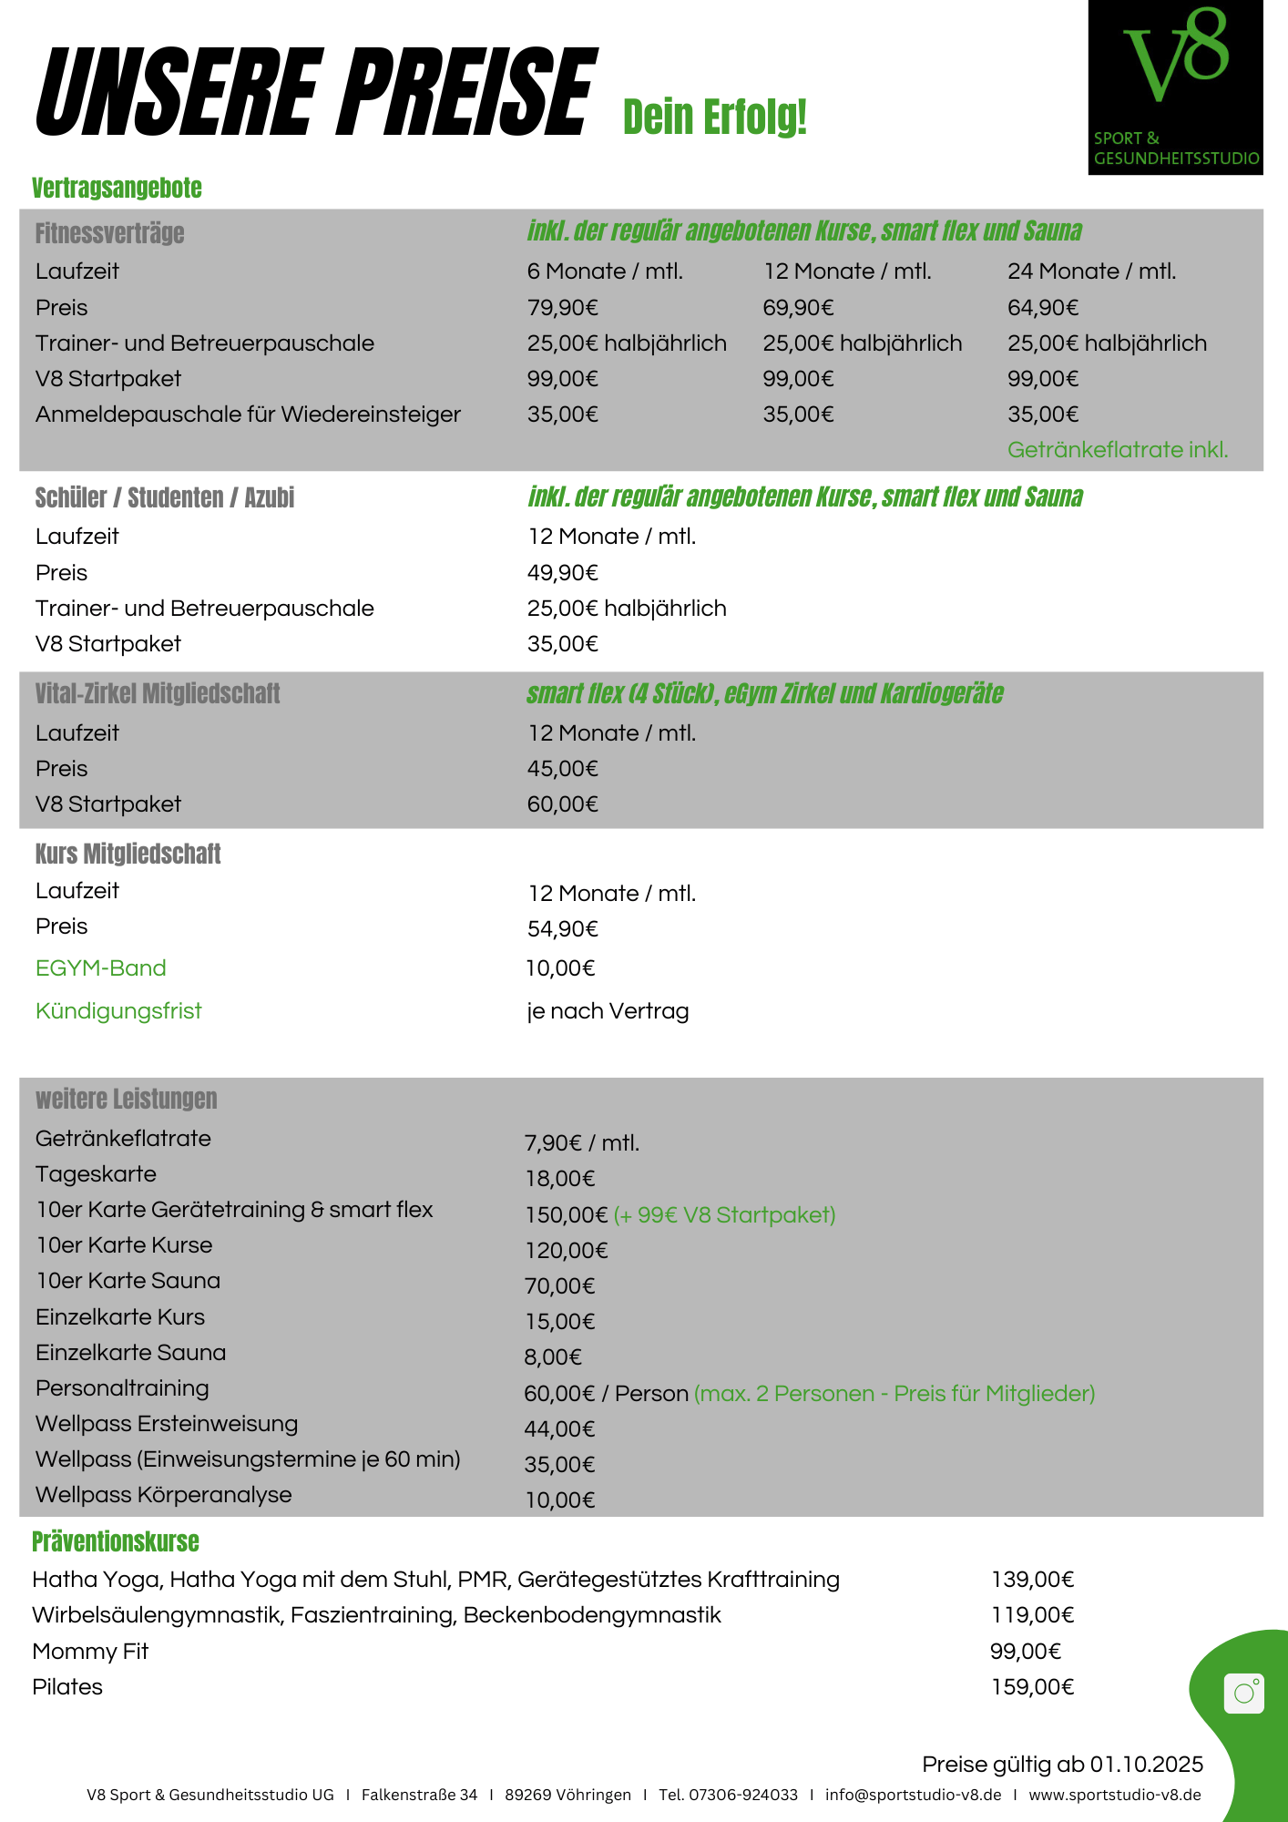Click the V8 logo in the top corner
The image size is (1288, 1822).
point(1175,87)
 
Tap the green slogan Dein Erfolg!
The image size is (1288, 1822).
point(715,118)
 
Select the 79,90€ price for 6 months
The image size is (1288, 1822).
point(562,308)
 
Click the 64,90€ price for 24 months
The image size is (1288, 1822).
point(1042,308)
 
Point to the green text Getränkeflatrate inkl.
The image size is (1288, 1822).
point(1117,450)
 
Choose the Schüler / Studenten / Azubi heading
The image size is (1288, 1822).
point(165,498)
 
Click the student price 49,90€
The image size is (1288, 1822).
point(562,573)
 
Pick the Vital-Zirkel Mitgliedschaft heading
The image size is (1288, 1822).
point(158,694)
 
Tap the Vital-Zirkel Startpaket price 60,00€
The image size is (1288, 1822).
point(562,804)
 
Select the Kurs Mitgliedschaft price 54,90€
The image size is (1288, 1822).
point(562,929)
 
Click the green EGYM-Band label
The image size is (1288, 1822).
point(101,968)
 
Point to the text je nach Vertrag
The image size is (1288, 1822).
point(608,1011)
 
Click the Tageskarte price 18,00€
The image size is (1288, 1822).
point(559,1179)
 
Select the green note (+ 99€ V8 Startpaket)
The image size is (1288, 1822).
point(724,1215)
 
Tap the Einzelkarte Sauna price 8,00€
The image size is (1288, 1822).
point(552,1357)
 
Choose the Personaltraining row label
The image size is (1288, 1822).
point(122,1388)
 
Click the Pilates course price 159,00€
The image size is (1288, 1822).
point(1032,1687)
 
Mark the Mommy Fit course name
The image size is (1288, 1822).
point(90,1652)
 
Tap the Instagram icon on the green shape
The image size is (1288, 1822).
point(1243,1694)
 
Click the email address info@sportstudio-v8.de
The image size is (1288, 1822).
point(913,1795)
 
